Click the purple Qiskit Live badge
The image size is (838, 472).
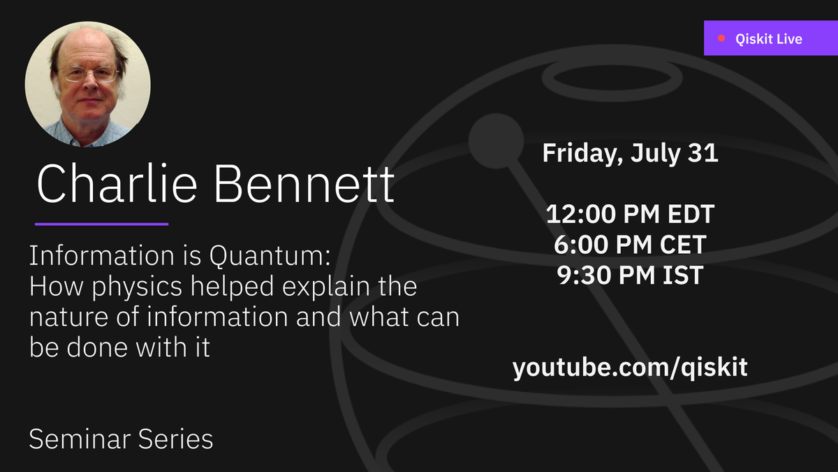[770, 38]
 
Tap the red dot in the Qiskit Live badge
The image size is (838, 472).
[722, 38]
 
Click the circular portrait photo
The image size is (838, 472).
[88, 84]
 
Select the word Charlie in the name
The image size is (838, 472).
[112, 185]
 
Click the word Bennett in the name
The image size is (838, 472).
[304, 185]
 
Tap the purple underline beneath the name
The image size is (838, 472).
[101, 224]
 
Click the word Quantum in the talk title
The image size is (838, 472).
[268, 257]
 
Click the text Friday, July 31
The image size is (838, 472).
[630, 153]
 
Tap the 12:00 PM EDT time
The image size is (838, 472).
[630, 214]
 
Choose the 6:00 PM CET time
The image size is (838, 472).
[630, 245]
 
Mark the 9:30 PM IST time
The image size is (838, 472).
[630, 276]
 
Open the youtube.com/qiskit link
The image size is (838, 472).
[630, 368]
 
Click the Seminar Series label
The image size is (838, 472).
[121, 439]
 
